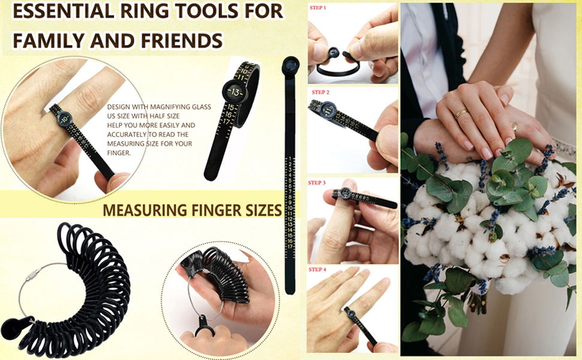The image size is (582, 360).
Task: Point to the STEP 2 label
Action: tap(320, 92)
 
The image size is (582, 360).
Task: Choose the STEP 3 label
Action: tap(317, 182)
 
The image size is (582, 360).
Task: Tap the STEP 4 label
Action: tap(317, 269)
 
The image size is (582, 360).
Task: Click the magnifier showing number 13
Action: tap(233, 92)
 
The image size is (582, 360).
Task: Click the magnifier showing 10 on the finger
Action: tap(62, 118)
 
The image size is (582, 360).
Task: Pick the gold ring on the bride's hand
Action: tap(460, 113)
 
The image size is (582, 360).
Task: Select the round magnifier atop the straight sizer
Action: tap(291, 65)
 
